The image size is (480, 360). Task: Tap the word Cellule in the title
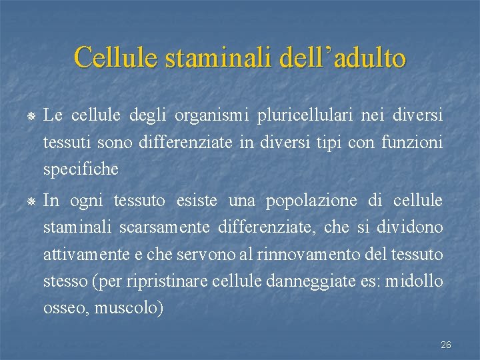click(115, 57)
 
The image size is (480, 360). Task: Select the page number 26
click(446, 345)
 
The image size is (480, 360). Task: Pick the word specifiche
click(81, 170)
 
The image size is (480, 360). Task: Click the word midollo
click(418, 281)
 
